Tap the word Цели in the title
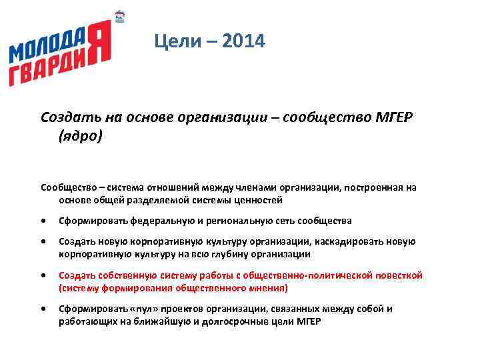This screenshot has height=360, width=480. tap(175, 42)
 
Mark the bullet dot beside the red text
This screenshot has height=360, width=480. tap(43, 275)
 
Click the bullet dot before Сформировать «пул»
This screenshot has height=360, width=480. tap(43, 309)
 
